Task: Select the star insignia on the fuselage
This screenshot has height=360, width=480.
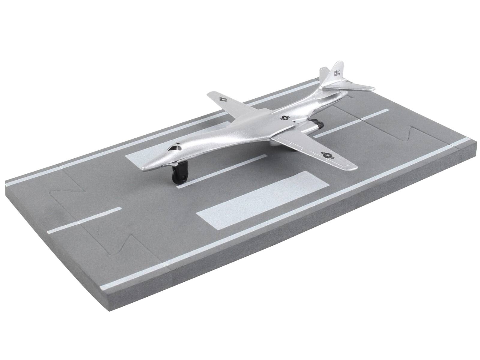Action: click(x=284, y=118)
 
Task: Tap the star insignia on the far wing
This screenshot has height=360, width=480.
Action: click(x=223, y=99)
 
